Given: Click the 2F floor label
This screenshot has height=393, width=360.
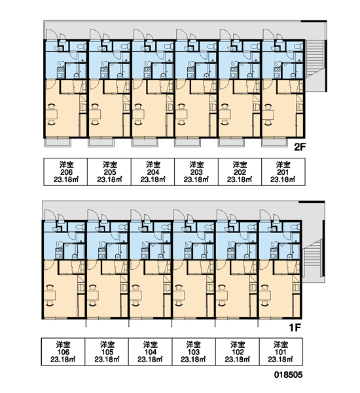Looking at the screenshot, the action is (x=300, y=147).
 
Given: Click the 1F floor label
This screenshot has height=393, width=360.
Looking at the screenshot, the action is (x=295, y=327).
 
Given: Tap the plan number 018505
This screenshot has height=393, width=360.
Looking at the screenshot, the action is (x=288, y=375).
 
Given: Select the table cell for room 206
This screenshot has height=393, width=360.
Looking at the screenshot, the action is (x=65, y=172).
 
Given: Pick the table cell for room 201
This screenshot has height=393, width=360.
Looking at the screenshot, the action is (x=283, y=172).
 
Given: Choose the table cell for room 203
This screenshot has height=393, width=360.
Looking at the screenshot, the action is (x=196, y=172).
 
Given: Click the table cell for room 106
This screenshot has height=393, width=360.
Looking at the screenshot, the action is (x=63, y=352).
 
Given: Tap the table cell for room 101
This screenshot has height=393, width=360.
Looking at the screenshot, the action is (x=281, y=352).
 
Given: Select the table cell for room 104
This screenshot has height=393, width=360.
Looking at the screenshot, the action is (x=151, y=352).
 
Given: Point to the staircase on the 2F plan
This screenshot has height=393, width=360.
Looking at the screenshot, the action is (x=314, y=58).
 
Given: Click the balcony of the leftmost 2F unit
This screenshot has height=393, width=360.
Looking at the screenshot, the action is (x=58, y=142).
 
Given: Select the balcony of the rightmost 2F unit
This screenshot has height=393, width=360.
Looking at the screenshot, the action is (x=275, y=142).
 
